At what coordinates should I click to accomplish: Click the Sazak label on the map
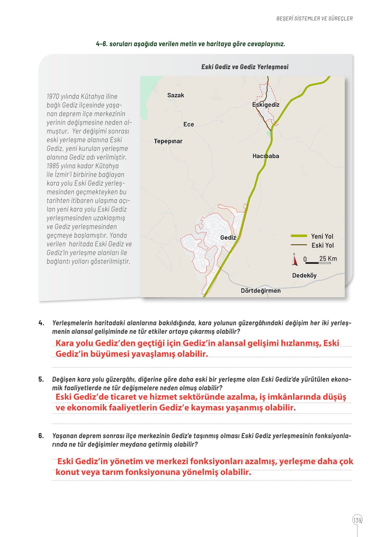[176, 95]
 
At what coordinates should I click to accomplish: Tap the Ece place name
[189, 124]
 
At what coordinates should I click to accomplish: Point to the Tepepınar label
[168, 141]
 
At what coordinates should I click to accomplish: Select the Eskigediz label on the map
[266, 105]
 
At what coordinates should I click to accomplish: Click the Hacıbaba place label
[266, 156]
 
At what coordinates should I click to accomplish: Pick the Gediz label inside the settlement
[228, 238]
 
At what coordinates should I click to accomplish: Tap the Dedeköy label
[304, 276]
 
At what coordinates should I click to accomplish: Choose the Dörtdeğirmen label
[261, 291]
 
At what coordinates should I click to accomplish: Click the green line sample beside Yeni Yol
[299, 236]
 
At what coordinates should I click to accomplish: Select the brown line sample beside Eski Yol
[299, 245]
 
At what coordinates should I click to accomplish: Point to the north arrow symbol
[294, 260]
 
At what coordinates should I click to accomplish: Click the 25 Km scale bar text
[328, 259]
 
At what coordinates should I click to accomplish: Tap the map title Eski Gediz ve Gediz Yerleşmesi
[245, 67]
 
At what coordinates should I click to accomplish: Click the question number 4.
[41, 323]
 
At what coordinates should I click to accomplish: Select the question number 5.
[41, 380]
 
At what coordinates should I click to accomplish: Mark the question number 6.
[41, 436]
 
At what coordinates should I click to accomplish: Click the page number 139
[358, 520]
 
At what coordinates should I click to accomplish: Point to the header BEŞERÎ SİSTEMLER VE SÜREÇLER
[314, 19]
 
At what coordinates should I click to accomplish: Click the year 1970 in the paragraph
[53, 97]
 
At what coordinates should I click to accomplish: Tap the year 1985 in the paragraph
[53, 166]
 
